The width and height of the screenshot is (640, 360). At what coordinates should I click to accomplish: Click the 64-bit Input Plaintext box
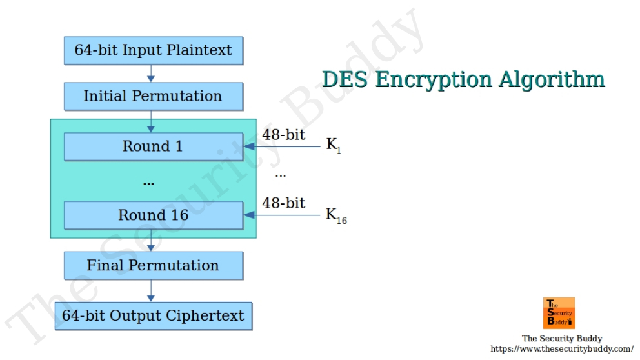[x=153, y=50]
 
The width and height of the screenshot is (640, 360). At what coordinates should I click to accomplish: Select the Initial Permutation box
[x=153, y=96]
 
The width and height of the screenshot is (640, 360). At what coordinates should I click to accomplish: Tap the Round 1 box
[x=153, y=146]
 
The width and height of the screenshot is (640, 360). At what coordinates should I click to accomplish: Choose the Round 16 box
[x=153, y=215]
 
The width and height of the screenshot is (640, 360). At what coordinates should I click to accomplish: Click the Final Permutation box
[x=153, y=265]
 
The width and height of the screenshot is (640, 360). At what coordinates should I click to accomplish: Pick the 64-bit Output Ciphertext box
[x=153, y=315]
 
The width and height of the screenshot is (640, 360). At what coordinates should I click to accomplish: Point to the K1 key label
[x=333, y=146]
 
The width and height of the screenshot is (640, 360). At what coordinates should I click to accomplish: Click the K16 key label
[x=335, y=215]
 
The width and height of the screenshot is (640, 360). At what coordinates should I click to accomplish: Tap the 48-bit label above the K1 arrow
[x=283, y=135]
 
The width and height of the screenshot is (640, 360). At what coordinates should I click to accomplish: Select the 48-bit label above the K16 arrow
[x=283, y=203]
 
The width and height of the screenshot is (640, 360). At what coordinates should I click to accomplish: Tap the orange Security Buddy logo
[x=559, y=313]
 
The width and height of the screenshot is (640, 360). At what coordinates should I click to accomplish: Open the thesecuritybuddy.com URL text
[x=562, y=349]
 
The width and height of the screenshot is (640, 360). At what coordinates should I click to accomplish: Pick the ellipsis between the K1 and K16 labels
[x=280, y=175]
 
